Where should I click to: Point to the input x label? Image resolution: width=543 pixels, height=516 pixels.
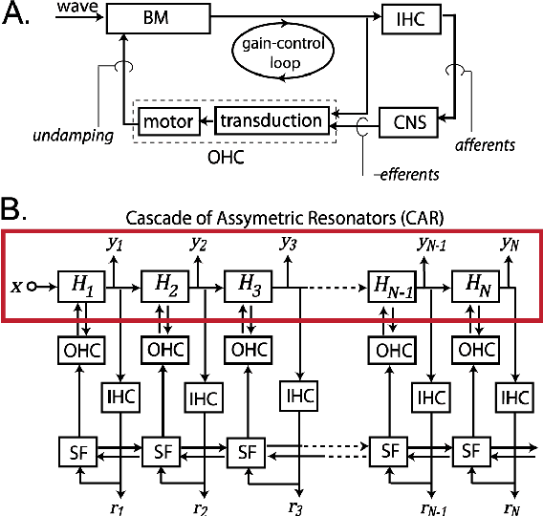coord(16,284)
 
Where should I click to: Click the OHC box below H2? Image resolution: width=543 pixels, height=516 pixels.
coord(162,349)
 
